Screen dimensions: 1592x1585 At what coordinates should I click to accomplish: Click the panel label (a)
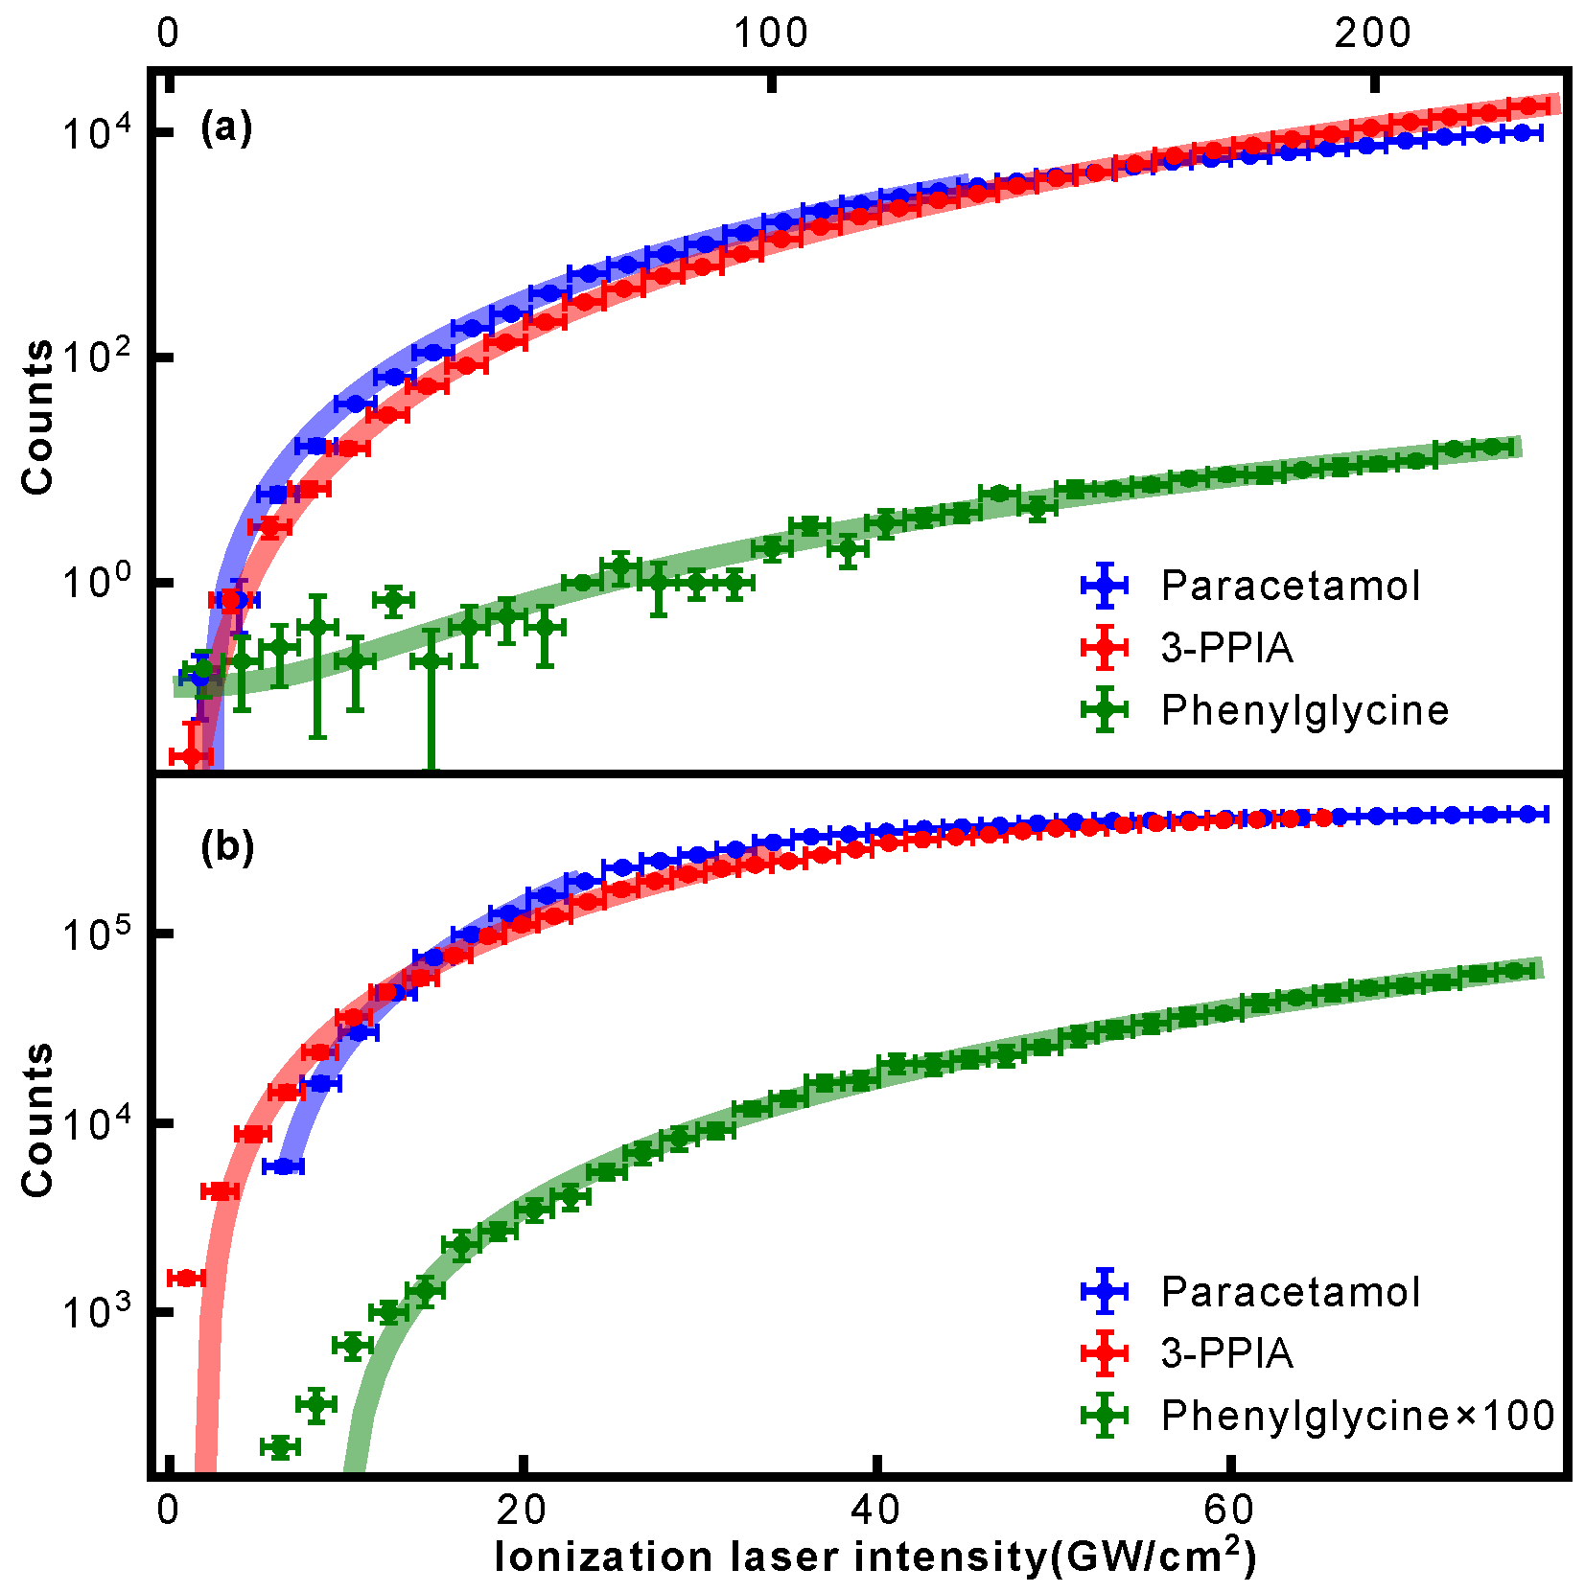(226, 127)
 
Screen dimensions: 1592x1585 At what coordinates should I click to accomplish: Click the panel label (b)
(227, 846)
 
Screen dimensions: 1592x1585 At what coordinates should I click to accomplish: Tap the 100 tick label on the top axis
(770, 34)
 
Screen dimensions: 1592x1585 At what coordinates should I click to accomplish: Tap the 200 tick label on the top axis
(1373, 34)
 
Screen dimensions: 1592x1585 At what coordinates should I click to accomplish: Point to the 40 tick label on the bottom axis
(874, 1511)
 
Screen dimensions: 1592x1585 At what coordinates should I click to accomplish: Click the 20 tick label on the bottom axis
(522, 1511)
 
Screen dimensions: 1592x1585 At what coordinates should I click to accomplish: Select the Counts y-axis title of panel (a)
(38, 418)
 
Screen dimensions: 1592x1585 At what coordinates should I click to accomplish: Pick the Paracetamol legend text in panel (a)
(1290, 586)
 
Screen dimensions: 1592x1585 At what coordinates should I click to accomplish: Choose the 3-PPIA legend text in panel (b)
(1226, 1353)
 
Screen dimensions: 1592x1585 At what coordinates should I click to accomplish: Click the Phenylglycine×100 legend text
(1357, 1416)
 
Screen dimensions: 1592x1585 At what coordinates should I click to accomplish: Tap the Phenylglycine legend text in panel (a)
(1304, 710)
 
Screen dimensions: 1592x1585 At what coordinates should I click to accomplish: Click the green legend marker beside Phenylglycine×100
(1105, 1415)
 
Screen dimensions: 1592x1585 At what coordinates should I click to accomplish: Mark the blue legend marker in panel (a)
(1105, 585)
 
